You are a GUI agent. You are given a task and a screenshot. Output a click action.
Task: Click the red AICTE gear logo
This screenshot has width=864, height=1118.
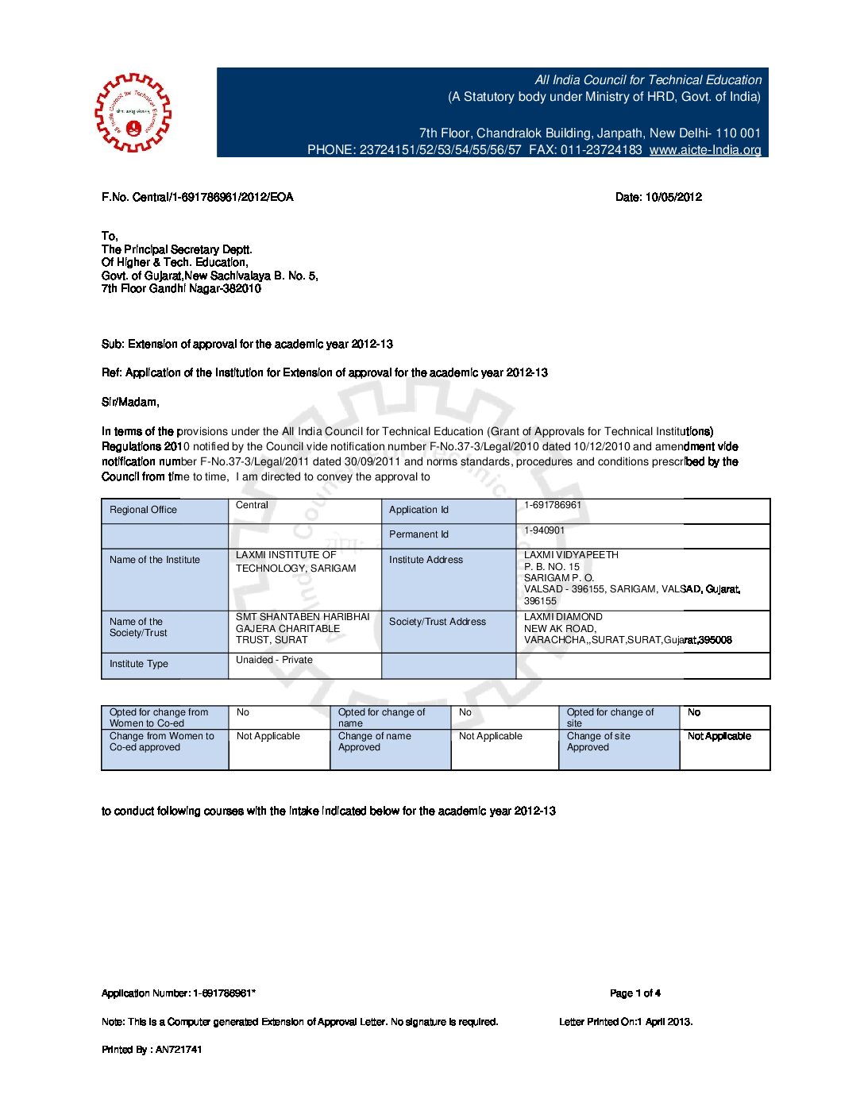pyautogui.click(x=133, y=113)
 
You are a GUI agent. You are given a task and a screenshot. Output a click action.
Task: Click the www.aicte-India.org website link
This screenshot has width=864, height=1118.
pyautogui.click(x=704, y=150)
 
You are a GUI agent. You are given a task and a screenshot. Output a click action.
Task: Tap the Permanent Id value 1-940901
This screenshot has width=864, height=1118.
pyautogui.click(x=545, y=530)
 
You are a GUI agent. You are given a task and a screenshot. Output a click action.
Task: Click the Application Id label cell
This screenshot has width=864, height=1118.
pyautogui.click(x=418, y=510)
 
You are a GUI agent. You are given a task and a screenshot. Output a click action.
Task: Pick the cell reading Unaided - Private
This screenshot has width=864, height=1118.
pyautogui.click(x=274, y=660)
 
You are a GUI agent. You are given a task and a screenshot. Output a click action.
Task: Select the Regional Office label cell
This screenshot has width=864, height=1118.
pyautogui.click(x=143, y=510)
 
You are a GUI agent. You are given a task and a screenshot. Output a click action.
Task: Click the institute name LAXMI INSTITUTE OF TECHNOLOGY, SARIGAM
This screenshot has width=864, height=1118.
pyautogui.click(x=295, y=561)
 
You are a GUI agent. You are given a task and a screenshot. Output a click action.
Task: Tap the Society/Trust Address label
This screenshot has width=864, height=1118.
pyautogui.click(x=438, y=622)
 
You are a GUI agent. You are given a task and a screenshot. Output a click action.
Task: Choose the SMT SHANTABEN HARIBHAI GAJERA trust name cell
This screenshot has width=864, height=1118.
pyautogui.click(x=303, y=628)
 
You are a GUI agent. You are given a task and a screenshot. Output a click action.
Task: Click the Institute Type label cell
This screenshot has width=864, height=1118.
pyautogui.click(x=139, y=664)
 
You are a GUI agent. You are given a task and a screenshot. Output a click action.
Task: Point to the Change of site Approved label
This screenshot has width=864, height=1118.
pyautogui.click(x=599, y=742)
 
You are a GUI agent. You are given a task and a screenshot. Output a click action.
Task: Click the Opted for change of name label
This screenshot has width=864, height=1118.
pyautogui.click(x=381, y=718)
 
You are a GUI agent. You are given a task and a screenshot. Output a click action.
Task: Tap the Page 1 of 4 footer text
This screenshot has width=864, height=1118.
pyautogui.click(x=635, y=993)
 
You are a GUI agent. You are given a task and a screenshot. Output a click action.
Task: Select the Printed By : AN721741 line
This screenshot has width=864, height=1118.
pyautogui.click(x=152, y=1050)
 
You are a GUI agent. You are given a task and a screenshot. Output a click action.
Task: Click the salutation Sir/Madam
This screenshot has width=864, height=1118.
pyautogui.click(x=130, y=402)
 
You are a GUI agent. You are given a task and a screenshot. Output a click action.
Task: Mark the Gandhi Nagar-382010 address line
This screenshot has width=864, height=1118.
pyautogui.click(x=181, y=288)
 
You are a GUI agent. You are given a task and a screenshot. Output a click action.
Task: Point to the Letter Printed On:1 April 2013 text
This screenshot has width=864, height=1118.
pyautogui.click(x=626, y=1022)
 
